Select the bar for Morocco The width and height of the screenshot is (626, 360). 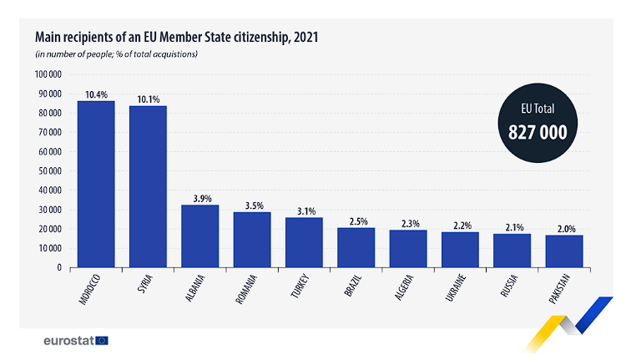pyautogui.click(x=96, y=184)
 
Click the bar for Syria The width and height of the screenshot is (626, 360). pyautogui.click(x=148, y=186)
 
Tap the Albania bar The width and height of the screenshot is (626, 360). pyautogui.click(x=200, y=236)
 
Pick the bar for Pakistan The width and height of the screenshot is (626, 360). pyautogui.click(x=564, y=251)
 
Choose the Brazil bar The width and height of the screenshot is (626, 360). pyautogui.click(x=356, y=247)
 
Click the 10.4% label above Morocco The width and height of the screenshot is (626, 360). pyautogui.click(x=96, y=94)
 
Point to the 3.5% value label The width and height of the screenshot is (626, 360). pyautogui.click(x=252, y=205)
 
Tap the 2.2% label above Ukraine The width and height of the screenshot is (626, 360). pyautogui.click(x=460, y=226)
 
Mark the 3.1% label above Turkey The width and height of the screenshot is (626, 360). pyautogui.click(x=304, y=211)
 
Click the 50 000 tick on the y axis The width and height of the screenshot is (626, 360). pyautogui.click(x=49, y=171)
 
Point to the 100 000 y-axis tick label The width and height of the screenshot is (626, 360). pyautogui.click(x=48, y=74)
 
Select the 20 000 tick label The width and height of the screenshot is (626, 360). pyautogui.click(x=49, y=229)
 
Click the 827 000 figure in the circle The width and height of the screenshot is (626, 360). pyautogui.click(x=538, y=131)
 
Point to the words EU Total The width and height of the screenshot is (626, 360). pyautogui.click(x=538, y=109)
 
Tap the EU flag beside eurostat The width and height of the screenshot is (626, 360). pyautogui.click(x=102, y=341)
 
